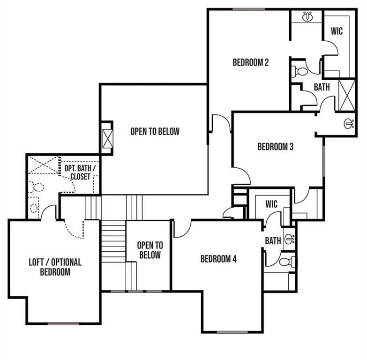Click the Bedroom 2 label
pyautogui.click(x=250, y=62)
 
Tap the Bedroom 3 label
pyautogui.click(x=275, y=147)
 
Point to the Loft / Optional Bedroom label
pyautogui.click(x=55, y=267)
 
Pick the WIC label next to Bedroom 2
pyautogui.click(x=337, y=31)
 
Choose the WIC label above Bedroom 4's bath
pyautogui.click(x=271, y=204)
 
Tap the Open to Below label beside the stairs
pyautogui.click(x=150, y=250)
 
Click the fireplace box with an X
pyautogui.click(x=107, y=138)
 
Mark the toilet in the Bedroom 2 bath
pyautogui.click(x=300, y=72)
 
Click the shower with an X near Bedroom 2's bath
pyautogui.click(x=347, y=96)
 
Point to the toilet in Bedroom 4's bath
pyautogui.click(x=286, y=262)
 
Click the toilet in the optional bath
pyautogui.click(x=36, y=187)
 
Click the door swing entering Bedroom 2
pyautogui.click(x=220, y=123)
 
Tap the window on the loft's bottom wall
pyautogui.click(x=63, y=323)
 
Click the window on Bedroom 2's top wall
pyautogui.click(x=248, y=9)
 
